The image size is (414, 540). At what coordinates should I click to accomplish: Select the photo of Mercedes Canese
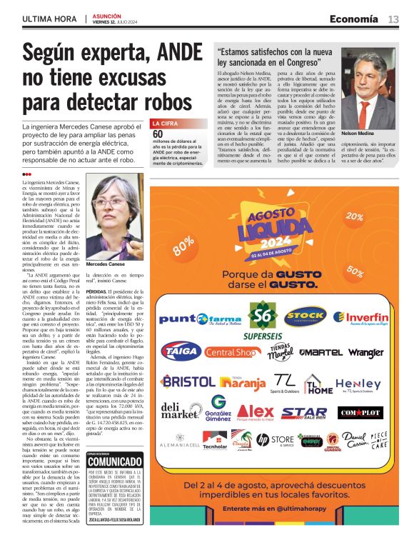(x=113, y=221)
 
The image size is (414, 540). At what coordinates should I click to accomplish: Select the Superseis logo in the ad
(x=263, y=319)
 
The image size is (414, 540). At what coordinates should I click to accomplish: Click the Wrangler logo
(x=365, y=352)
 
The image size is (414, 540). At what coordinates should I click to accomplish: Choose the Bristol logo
(x=187, y=381)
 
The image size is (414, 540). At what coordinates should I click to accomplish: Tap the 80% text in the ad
(x=183, y=245)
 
